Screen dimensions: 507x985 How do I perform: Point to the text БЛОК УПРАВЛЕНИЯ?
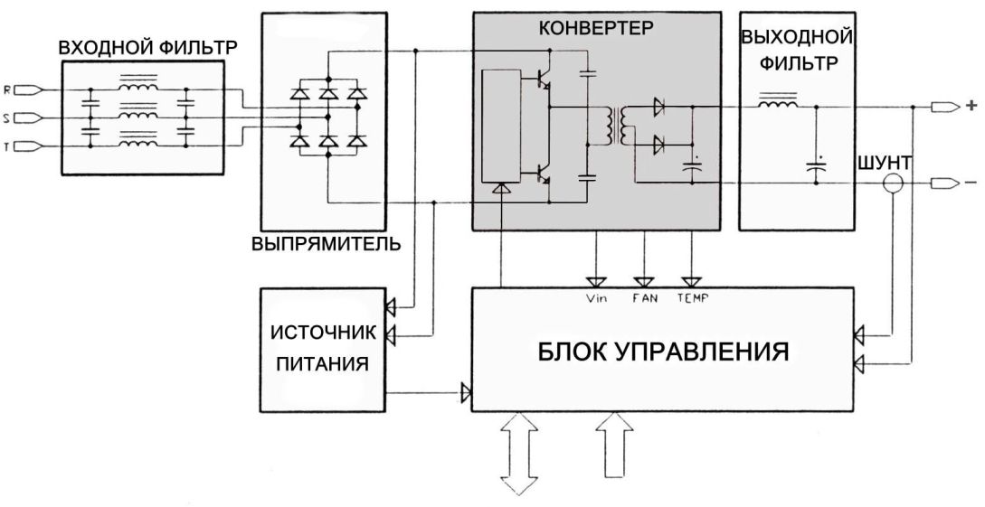coord(662,350)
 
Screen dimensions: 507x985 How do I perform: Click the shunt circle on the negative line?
coord(894,184)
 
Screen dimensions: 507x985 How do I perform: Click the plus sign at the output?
coord(971,107)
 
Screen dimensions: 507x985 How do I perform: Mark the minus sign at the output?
coord(971,184)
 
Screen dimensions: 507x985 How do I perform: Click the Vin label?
coord(596,297)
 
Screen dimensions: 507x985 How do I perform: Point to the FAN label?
coord(643,297)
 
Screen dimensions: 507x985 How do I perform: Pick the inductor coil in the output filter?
coord(777,106)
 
